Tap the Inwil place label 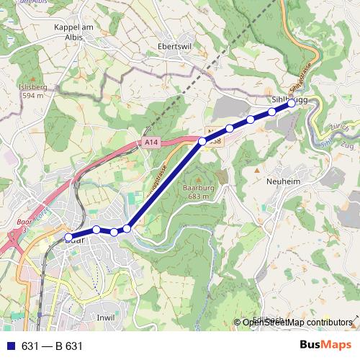[x=106, y=316]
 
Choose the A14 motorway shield [x=150, y=143]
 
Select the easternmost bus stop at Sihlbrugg [x=292, y=104]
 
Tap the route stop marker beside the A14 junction [x=202, y=142]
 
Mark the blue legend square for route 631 [x=11, y=346]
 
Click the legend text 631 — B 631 [x=53, y=346]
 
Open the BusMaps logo [x=325, y=346]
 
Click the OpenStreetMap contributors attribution [x=297, y=322]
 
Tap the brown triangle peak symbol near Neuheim [x=256, y=169]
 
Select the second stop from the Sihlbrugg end [x=272, y=112]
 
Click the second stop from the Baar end [x=96, y=230]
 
